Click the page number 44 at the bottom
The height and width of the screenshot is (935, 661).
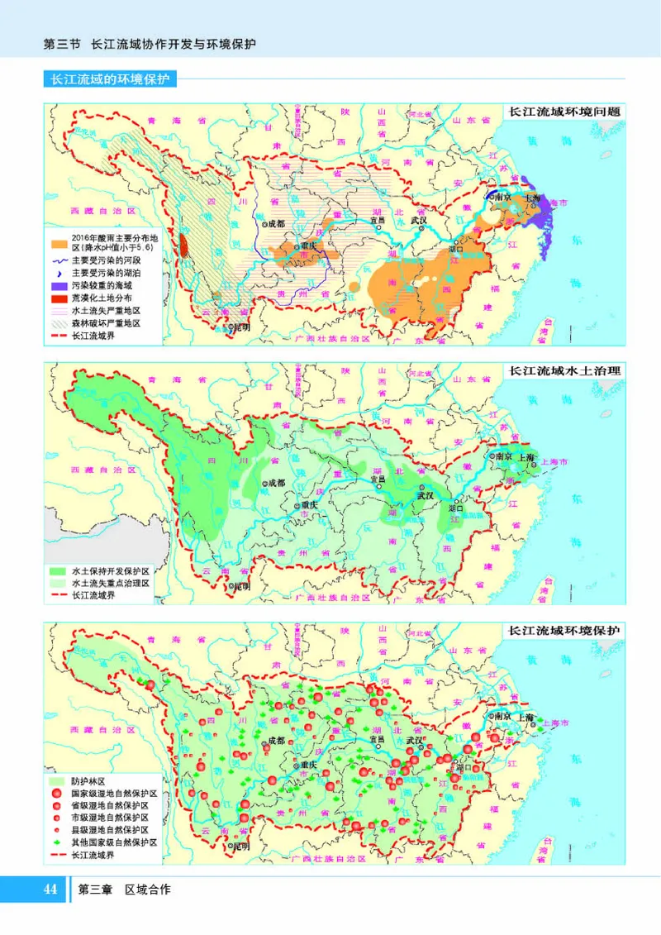(50, 890)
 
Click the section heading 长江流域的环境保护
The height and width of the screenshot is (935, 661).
(110, 80)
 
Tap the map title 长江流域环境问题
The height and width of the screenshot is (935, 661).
(565, 111)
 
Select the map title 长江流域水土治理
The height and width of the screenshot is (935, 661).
(565, 370)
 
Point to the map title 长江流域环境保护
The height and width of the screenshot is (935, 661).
(565, 630)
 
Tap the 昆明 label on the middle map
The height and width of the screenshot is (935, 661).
(240, 586)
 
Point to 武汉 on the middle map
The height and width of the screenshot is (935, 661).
(425, 496)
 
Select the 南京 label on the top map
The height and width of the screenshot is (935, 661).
(502, 198)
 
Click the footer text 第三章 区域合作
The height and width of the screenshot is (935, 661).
(124, 890)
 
